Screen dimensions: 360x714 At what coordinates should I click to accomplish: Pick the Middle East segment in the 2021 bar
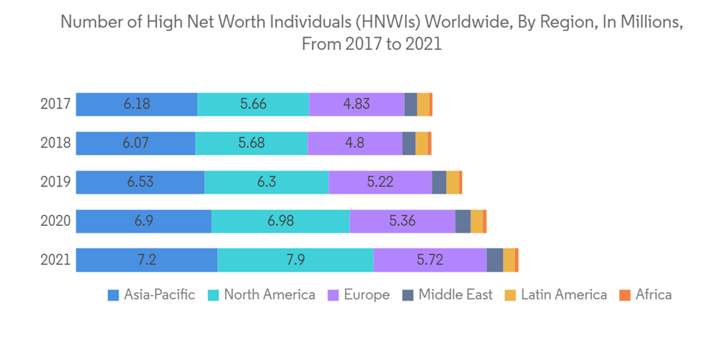tap(494, 260)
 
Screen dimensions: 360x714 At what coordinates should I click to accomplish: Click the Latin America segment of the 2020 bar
tap(476, 221)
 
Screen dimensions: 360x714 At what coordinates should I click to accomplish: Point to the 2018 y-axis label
tap(55, 143)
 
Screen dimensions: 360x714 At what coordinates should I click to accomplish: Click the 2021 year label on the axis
tap(55, 260)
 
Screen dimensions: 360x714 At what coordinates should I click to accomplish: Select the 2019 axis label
tap(55, 182)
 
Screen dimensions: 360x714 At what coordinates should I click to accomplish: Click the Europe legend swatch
tap(333, 295)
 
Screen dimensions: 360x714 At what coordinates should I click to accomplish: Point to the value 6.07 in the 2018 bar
tap(135, 143)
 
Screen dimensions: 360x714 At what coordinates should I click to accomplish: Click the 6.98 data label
tap(281, 221)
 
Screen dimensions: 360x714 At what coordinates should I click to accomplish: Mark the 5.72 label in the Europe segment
tap(430, 260)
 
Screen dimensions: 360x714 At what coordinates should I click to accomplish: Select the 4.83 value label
tap(356, 104)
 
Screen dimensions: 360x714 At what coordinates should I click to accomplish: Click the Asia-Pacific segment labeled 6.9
tap(144, 221)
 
